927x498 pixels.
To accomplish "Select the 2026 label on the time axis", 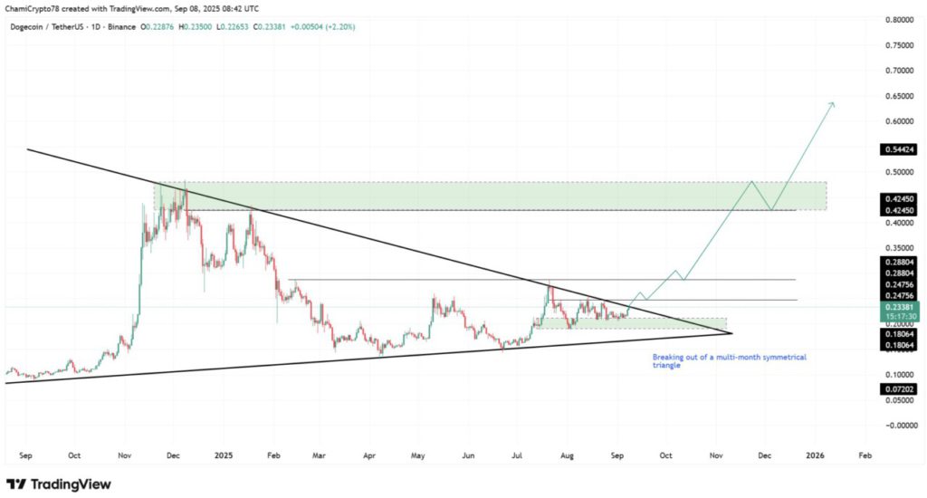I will click(x=816, y=456).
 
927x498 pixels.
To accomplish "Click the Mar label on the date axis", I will click(x=319, y=456).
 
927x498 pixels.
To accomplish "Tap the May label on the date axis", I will click(x=416, y=456).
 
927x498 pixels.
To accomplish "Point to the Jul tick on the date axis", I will click(x=516, y=456).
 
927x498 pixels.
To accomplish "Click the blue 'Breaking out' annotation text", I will click(x=729, y=361).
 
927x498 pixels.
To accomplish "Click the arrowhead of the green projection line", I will click(x=833, y=105).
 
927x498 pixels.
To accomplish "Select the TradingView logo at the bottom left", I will click(x=58, y=484).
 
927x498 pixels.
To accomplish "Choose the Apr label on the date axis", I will click(x=368, y=456).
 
